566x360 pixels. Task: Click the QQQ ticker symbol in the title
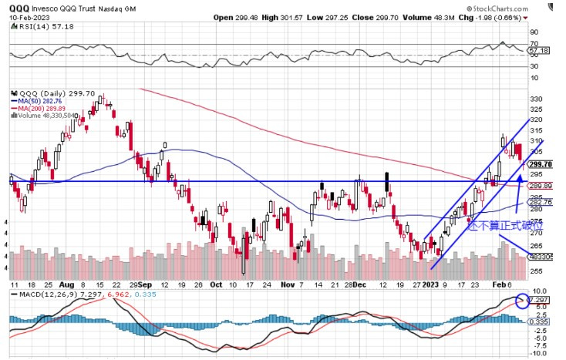point(19,7)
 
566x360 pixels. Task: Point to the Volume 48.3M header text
point(456,17)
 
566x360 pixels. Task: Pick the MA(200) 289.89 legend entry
point(40,108)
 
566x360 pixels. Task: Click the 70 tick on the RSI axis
point(534,44)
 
